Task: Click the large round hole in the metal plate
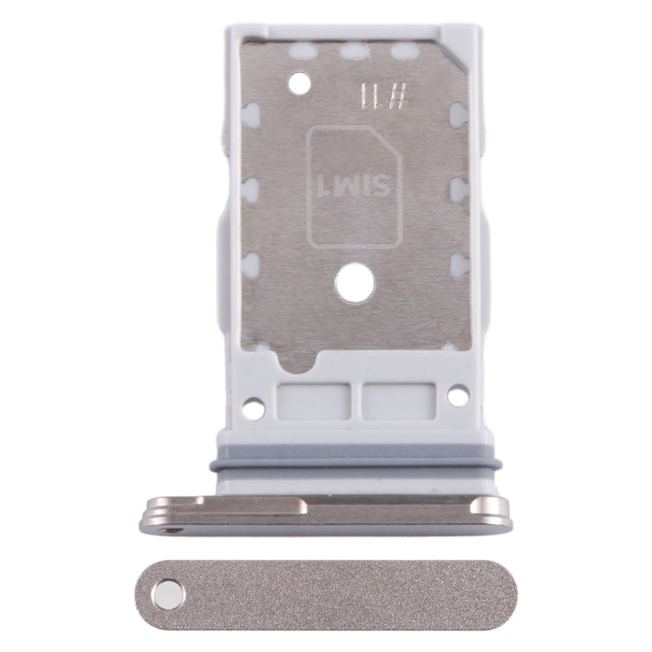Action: click(353, 284)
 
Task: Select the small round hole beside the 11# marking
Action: click(299, 84)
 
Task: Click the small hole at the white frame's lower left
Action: click(254, 406)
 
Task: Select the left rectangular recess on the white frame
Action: click(312, 402)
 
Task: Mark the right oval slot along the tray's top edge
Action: click(403, 51)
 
